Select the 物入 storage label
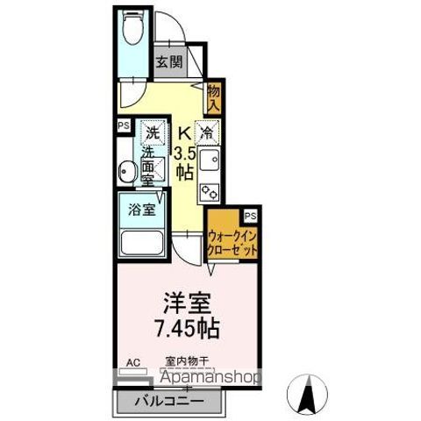click(214, 96)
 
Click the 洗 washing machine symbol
click(153, 134)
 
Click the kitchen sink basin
click(210, 161)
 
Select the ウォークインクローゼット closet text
click(233, 241)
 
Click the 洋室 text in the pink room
click(187, 303)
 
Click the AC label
click(133, 361)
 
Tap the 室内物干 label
click(186, 361)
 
